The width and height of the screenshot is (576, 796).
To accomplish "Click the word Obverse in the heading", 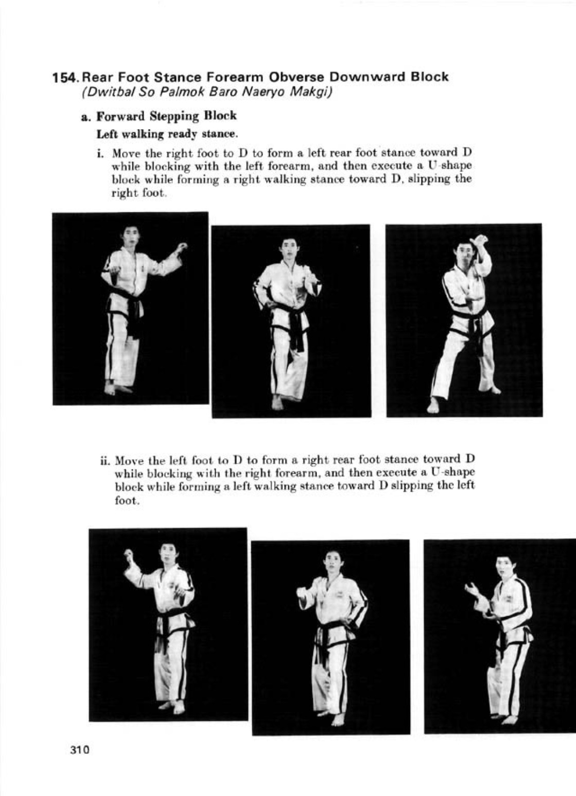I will tap(296, 77).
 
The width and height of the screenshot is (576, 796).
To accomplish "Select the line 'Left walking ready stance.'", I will tap(167, 135).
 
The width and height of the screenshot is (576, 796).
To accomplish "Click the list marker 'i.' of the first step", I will tap(101, 153).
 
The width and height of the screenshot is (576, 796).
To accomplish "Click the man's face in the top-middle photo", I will tap(290, 249).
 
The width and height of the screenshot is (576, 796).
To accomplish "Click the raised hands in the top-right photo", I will tap(480, 241).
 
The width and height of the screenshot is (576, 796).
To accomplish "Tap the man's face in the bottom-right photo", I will tap(505, 567).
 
